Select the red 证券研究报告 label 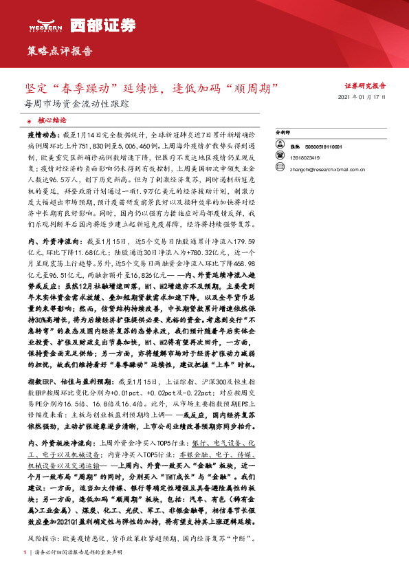tap(365, 87)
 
